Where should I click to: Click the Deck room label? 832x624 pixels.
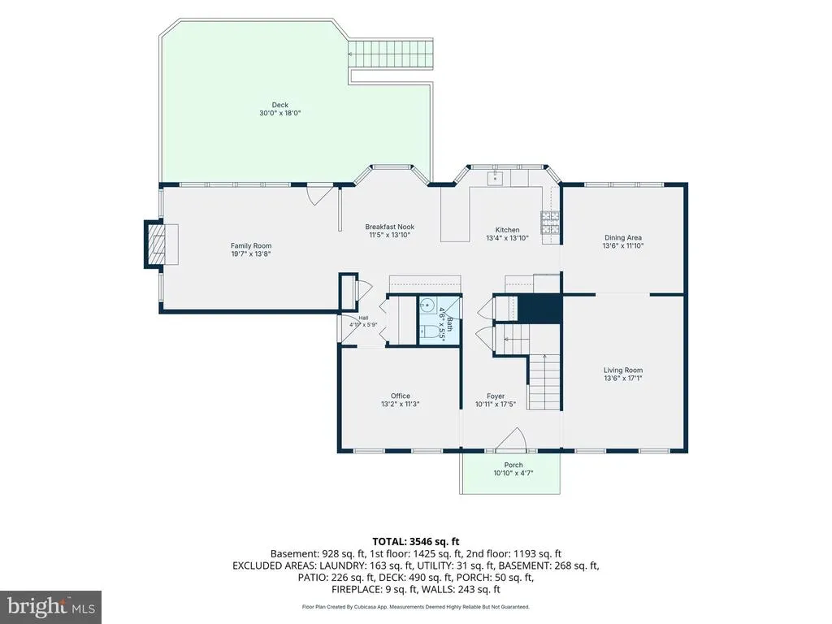[279, 105]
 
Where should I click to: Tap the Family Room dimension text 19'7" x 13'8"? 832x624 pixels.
[251, 253]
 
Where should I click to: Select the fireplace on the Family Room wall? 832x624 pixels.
[158, 244]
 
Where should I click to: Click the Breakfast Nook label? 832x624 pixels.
[389, 227]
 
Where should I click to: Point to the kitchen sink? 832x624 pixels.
[495, 177]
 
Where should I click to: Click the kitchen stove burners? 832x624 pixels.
[550, 223]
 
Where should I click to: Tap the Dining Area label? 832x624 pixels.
[623, 238]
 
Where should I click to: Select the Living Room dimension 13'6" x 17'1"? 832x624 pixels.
[623, 379]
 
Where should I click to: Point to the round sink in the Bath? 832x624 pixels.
[427, 305]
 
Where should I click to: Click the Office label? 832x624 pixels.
[400, 396]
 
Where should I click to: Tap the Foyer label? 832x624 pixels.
[496, 396]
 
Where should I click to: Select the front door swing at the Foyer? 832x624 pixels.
[511, 440]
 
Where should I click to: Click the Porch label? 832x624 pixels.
[513, 465]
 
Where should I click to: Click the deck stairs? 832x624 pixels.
[391, 54]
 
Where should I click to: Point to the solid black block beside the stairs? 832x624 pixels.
[539, 309]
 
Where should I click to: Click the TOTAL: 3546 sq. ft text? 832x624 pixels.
[415, 542]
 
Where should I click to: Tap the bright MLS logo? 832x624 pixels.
[51, 607]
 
